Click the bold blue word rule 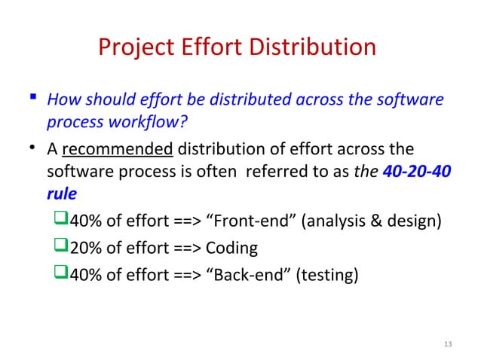coord(61,194)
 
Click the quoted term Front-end coord(245,221)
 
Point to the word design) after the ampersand coord(412,221)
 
